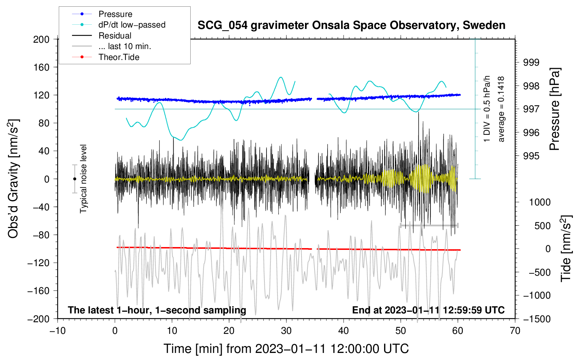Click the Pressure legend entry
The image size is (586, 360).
[x=102, y=14]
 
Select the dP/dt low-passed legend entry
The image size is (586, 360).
[x=119, y=25]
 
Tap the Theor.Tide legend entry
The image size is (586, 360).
[x=106, y=57]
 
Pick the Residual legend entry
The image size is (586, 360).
[x=102, y=36]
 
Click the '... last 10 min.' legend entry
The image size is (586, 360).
[x=112, y=46]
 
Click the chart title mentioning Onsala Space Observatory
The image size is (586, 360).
[x=351, y=25]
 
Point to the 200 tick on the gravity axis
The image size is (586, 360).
[x=41, y=39]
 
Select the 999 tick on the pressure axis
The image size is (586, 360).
[x=531, y=62]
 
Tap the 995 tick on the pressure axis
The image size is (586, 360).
[x=531, y=156]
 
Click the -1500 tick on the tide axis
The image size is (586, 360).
[x=537, y=319]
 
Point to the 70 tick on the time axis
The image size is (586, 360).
[x=515, y=331]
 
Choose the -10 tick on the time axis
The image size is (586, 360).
[x=58, y=331]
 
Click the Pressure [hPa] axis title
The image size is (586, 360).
[x=554, y=109]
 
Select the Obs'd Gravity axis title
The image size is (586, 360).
[x=13, y=179]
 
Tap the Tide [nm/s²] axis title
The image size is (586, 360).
[x=566, y=248]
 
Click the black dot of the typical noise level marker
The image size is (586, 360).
[x=74, y=179]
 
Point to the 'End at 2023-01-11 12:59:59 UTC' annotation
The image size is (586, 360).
[x=428, y=310]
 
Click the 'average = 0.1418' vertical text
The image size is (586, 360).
[x=501, y=109]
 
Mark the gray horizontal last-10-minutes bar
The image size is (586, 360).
[x=429, y=226]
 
